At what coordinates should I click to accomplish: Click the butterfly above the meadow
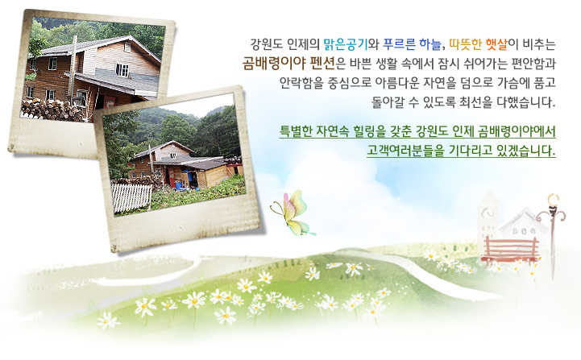[x=292, y=213]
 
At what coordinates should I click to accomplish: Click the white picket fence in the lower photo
[x=132, y=197]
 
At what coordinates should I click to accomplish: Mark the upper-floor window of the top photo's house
[x=122, y=68]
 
